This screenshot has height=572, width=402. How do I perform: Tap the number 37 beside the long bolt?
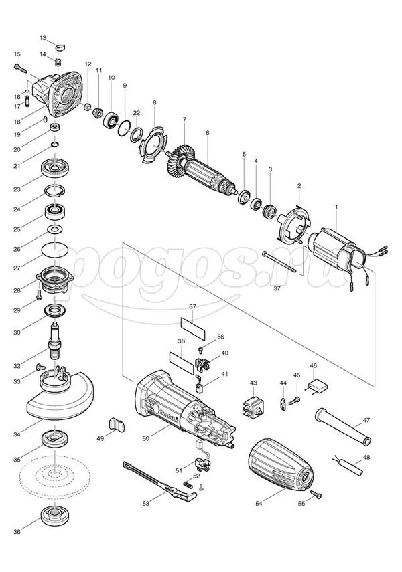277,288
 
